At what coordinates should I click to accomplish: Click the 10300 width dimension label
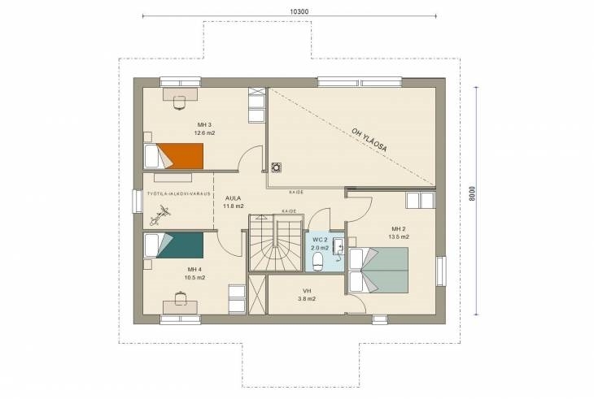pos(299,11)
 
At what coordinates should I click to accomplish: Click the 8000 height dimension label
pos(472,193)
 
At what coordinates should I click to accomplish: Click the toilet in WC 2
pos(317,262)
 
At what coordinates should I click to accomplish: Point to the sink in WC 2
pos(338,248)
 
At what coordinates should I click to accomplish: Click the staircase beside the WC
pos(276,243)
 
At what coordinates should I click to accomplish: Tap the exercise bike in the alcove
pos(160,215)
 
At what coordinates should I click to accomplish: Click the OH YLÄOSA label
pos(369,140)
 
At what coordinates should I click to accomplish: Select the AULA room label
pos(233,198)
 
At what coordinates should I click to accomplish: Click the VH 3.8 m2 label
pos(307,295)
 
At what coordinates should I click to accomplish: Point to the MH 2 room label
pos(399,229)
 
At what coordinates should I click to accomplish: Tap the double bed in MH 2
pos(378,270)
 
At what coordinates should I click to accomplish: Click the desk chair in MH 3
pos(179,102)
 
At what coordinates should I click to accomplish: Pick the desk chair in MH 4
pos(181,298)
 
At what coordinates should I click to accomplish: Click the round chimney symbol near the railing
pos(276,167)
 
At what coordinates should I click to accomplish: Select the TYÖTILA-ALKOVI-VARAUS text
pos(179,193)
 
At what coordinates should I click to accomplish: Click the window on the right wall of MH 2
pos(440,271)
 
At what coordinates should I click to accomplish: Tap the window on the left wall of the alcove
pos(137,202)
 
